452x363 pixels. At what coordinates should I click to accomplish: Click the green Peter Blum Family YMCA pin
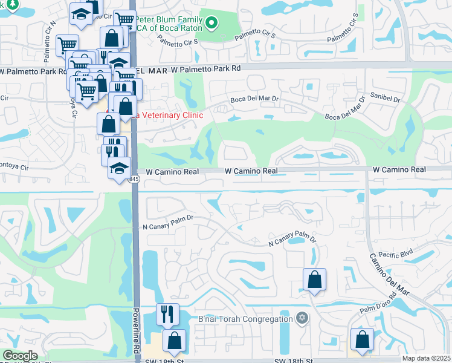point(211,24)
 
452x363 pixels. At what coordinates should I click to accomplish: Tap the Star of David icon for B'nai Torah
point(303,318)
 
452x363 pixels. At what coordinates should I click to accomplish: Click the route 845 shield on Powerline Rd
point(134,179)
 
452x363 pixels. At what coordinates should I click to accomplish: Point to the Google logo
point(20,356)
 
